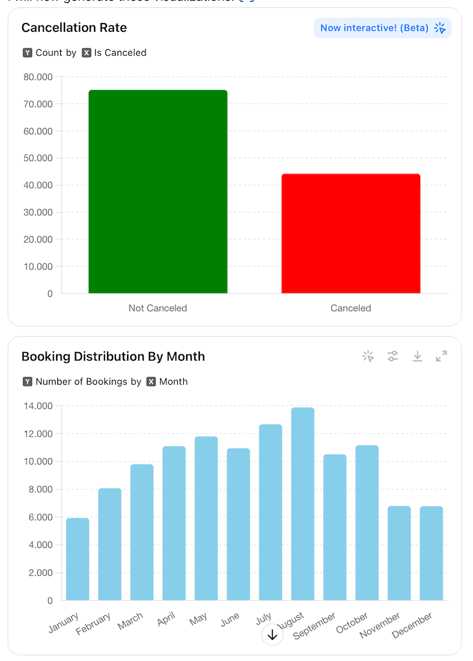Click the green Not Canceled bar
[158, 192]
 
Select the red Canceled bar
[351, 234]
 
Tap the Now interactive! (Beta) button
[382, 28]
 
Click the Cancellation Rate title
[74, 28]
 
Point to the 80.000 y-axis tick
[38, 77]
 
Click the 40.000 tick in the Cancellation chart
[38, 185]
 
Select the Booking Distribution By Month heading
[113, 357]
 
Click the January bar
[77, 559]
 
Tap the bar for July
[270, 512]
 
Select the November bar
[399, 553]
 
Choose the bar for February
[109, 544]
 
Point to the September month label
[315, 626]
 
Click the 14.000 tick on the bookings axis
[38, 406]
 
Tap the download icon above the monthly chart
[417, 356]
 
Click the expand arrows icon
[442, 356]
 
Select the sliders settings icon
[393, 356]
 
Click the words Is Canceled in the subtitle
[120, 53]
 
